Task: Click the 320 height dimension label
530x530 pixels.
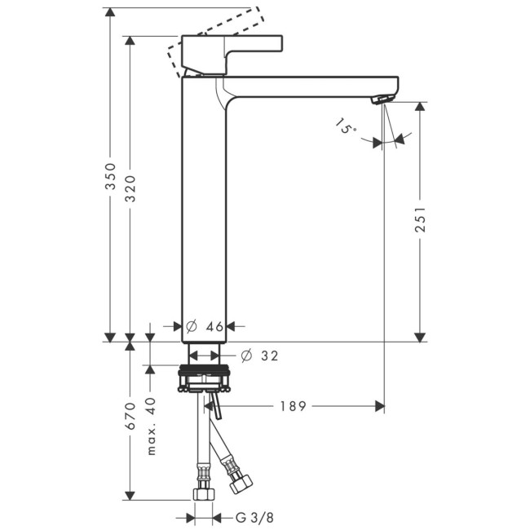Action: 130,189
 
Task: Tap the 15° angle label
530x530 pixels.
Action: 345,127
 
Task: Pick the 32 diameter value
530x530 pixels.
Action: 270,356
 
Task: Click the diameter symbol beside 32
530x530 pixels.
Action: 245,356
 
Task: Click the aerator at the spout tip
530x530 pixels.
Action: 382,99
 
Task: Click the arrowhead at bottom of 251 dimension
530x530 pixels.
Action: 420,336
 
